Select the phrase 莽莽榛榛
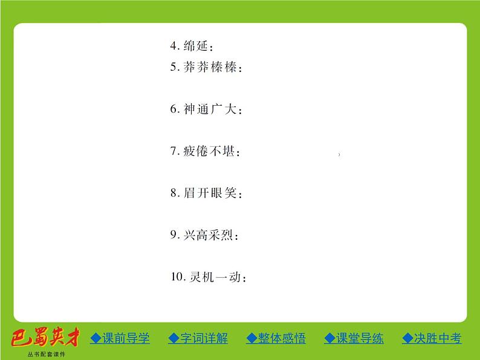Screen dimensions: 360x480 (x=209, y=68)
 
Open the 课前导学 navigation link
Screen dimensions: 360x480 (x=125, y=338)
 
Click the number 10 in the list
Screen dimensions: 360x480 (x=176, y=277)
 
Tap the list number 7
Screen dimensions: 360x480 (x=173, y=152)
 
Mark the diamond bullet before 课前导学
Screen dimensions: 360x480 (x=96, y=338)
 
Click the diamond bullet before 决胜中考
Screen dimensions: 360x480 (x=407, y=338)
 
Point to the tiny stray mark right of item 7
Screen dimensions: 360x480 (x=340, y=155)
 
